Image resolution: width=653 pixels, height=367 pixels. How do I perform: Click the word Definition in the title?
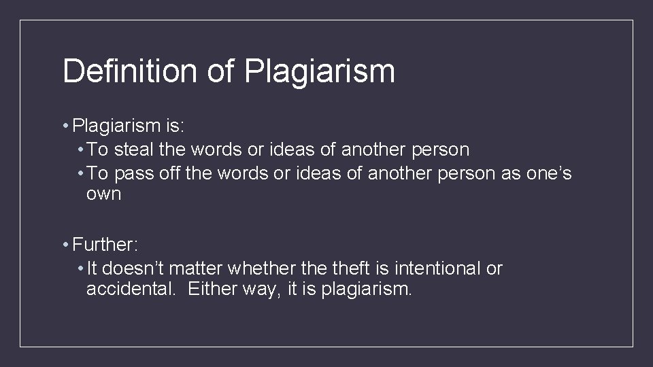coord(129,71)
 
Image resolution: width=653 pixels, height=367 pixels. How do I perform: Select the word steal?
coord(138,149)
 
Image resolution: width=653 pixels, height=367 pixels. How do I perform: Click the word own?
coord(103,194)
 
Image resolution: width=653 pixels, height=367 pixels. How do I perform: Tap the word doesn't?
coord(141,268)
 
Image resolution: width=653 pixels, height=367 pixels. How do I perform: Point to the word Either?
coord(208,290)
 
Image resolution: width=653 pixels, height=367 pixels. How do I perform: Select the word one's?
coord(549,173)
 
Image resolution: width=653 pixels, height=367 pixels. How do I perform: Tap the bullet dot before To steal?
coord(81,149)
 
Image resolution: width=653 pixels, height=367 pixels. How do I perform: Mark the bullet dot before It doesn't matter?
coord(81,268)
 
